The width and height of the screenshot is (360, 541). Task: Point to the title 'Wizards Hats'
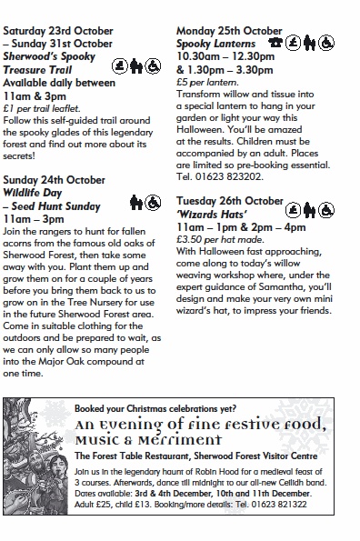[x=208, y=213]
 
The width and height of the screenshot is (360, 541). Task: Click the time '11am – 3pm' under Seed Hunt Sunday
[x=40, y=219]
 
